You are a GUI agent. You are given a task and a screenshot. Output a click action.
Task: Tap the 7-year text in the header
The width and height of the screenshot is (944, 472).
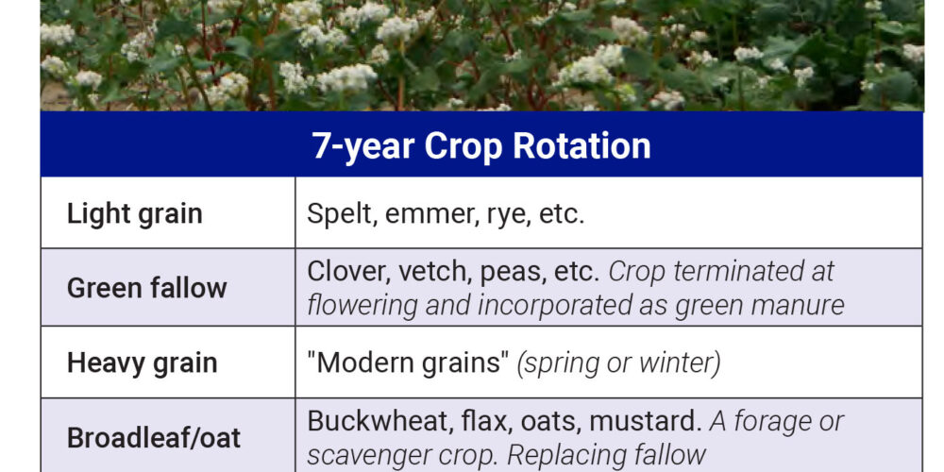[x=363, y=147]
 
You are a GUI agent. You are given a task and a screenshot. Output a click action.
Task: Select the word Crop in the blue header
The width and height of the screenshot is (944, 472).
[x=463, y=147]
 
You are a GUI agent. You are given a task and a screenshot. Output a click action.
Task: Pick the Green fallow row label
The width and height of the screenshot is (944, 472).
[x=147, y=288]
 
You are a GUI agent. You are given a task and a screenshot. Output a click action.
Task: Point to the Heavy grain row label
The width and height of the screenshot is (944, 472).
[x=143, y=363]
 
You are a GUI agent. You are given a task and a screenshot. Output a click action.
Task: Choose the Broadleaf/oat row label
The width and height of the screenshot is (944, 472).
[x=154, y=438]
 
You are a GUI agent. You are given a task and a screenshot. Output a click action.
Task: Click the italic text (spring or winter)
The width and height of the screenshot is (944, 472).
[x=619, y=364]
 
